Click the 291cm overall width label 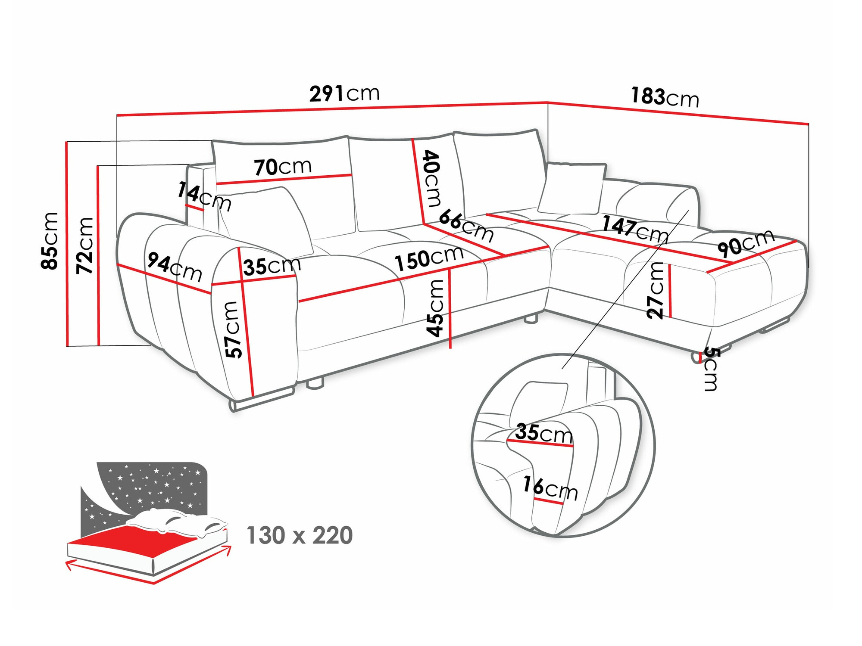click(x=344, y=93)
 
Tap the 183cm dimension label click(x=664, y=97)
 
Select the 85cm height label click(x=50, y=241)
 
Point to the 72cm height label click(x=85, y=246)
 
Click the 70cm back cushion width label click(x=283, y=167)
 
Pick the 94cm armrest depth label click(x=175, y=267)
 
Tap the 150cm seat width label click(x=429, y=258)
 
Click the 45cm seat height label click(x=436, y=307)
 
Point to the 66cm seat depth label click(x=466, y=226)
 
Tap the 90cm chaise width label click(x=746, y=243)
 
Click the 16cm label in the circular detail click(x=550, y=488)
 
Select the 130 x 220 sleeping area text click(x=299, y=535)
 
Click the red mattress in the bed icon click(x=142, y=538)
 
